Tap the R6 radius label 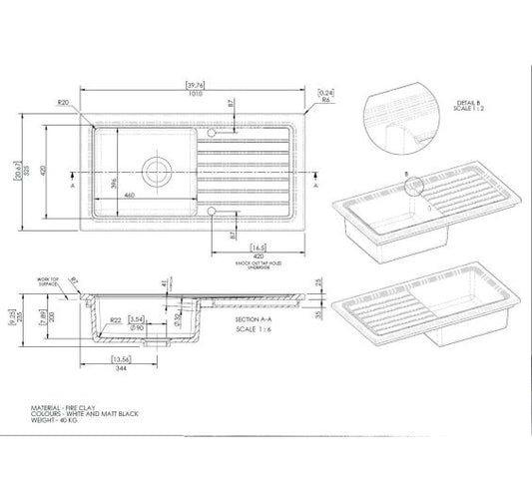pyautogui.click(x=326, y=102)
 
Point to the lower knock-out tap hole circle pyautogui.click(x=212, y=212)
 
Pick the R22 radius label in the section pyautogui.click(x=117, y=319)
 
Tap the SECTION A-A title pyautogui.click(x=252, y=317)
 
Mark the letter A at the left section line pyautogui.click(x=73, y=186)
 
